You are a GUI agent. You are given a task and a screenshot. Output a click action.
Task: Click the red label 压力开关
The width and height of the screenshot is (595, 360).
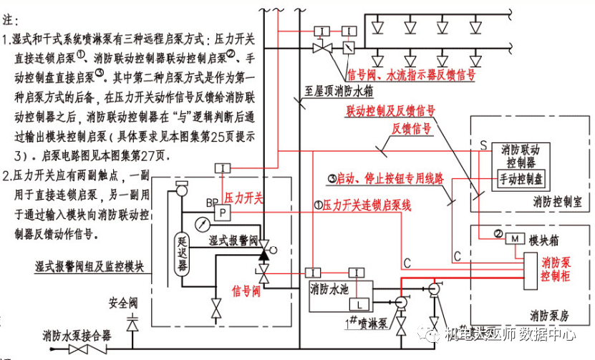point(244,197)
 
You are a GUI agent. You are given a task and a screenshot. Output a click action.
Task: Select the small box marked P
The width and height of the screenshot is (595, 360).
point(223,213)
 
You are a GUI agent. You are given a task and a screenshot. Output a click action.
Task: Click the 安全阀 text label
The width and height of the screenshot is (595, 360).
point(122,301)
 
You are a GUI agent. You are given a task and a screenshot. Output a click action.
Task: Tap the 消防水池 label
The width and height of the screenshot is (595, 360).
point(330,290)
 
